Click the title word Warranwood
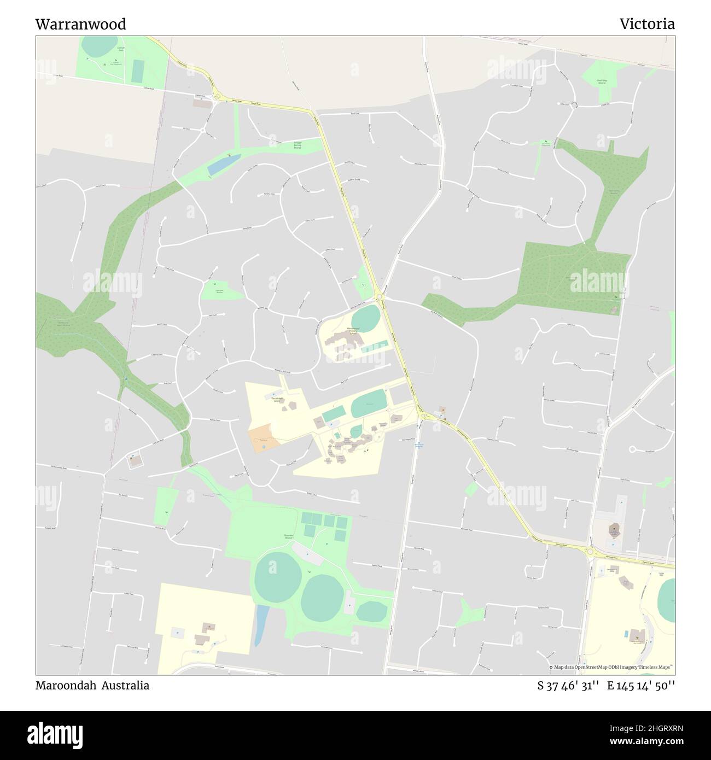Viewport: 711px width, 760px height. click(x=80, y=24)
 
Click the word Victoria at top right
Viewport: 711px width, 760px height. click(x=647, y=24)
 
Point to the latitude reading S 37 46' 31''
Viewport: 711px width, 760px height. click(x=569, y=686)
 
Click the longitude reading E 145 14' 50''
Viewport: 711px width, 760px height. click(x=641, y=686)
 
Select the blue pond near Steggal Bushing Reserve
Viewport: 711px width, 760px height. click(x=223, y=163)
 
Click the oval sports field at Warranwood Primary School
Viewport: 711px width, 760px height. click(x=365, y=315)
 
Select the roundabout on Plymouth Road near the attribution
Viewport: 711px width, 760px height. click(x=591, y=554)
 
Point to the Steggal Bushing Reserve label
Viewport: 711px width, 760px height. click(x=298, y=145)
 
